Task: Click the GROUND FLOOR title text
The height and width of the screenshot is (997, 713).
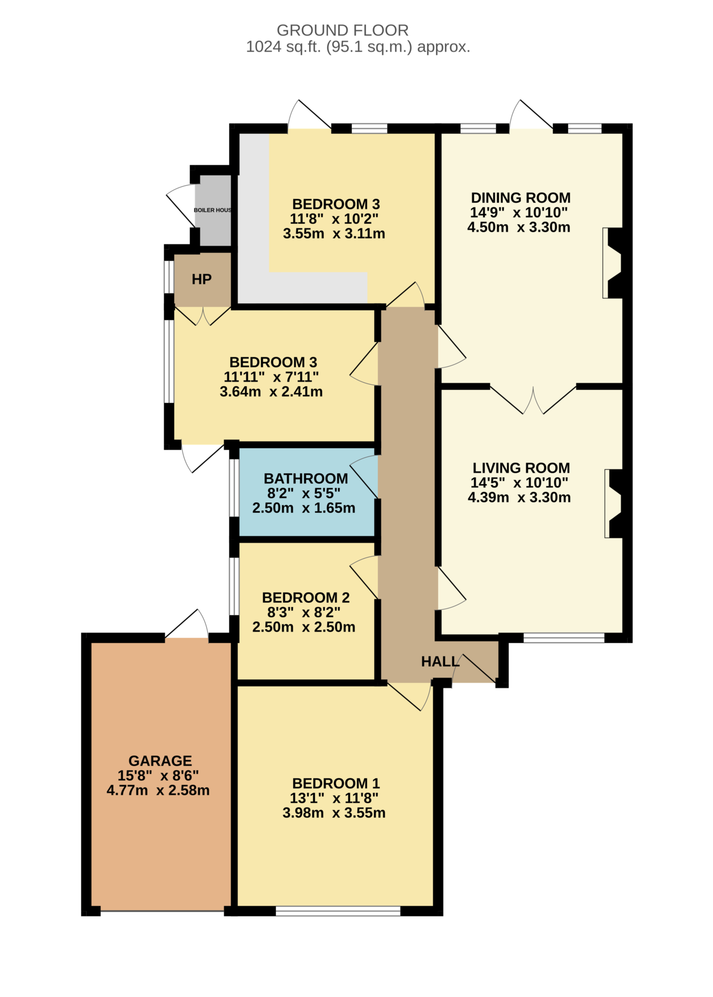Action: point(342,30)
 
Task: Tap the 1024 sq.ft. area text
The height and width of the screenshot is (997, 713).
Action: point(358,47)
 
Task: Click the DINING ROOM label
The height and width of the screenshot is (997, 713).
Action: point(520,198)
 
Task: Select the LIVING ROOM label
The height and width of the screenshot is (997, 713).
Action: point(521,468)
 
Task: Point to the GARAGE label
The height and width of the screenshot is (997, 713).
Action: point(160,760)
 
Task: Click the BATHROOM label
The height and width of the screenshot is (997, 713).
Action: point(306,479)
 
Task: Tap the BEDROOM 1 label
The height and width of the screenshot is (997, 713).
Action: point(335,783)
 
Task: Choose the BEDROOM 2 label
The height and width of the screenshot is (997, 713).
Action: point(306,597)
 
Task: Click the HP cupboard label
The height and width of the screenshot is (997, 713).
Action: point(201,279)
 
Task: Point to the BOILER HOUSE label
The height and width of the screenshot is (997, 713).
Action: point(213,210)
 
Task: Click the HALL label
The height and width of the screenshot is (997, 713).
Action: point(440,662)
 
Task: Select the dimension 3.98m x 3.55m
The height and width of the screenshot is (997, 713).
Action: point(334,812)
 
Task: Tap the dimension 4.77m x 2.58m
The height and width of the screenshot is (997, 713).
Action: point(158,790)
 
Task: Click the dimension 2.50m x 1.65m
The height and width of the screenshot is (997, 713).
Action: point(304,508)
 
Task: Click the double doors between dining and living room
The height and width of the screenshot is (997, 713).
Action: point(533,399)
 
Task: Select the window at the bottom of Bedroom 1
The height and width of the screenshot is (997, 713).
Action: point(338,911)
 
